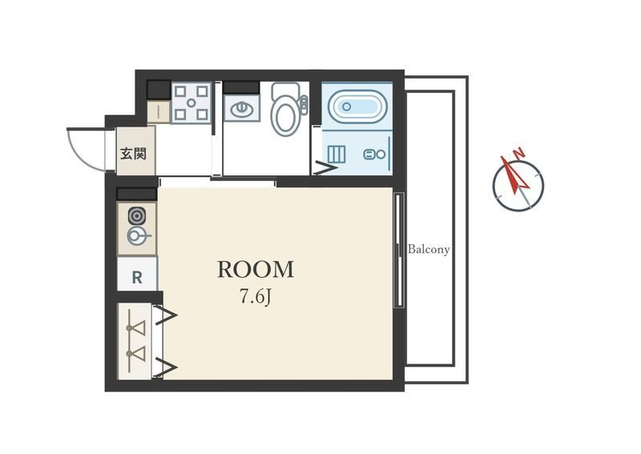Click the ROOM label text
(256, 269)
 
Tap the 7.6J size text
(256, 297)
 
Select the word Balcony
(429, 249)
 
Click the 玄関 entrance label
(133, 154)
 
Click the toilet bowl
(287, 110)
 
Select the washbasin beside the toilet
(242, 109)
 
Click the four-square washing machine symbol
(191, 102)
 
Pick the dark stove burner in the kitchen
(136, 215)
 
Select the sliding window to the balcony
(398, 250)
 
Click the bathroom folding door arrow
(325, 168)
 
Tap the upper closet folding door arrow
(166, 315)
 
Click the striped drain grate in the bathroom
(337, 155)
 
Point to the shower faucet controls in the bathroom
(374, 155)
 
